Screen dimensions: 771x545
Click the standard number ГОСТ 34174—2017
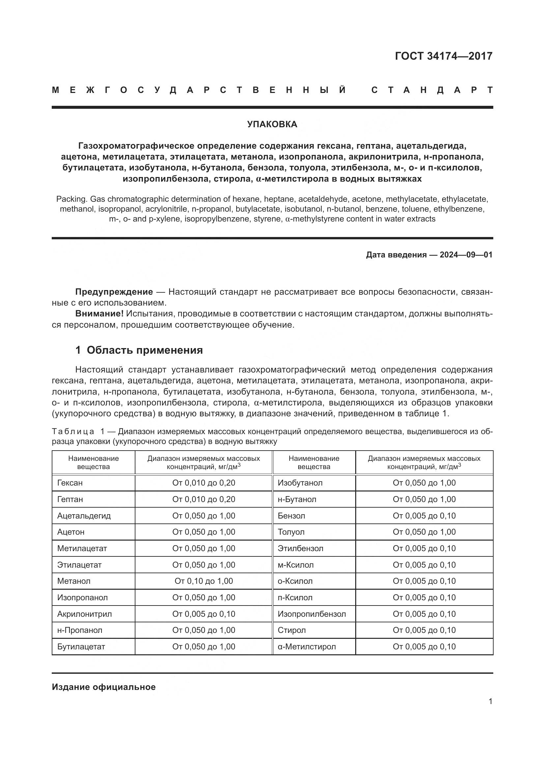point(443,56)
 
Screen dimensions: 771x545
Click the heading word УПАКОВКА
point(272,124)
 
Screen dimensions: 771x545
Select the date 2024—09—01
point(466,254)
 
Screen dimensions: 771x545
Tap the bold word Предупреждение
point(114,292)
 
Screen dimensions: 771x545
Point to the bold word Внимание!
point(99,313)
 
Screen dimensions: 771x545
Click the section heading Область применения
point(145,350)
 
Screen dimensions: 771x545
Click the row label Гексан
point(70,483)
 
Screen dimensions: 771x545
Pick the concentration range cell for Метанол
point(203,581)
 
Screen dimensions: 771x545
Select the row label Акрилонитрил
point(84,614)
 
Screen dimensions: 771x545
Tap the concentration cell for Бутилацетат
point(203,646)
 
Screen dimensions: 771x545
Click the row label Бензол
point(291,516)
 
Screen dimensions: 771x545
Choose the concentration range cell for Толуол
point(424,532)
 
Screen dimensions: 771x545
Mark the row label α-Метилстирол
point(306,646)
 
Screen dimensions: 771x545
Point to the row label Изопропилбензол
point(311,614)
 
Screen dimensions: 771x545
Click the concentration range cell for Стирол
point(424,630)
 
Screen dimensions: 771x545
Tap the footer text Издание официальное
point(104,687)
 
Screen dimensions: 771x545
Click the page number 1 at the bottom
point(490,701)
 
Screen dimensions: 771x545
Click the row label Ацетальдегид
point(84,516)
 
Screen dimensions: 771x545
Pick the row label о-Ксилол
point(295,581)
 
